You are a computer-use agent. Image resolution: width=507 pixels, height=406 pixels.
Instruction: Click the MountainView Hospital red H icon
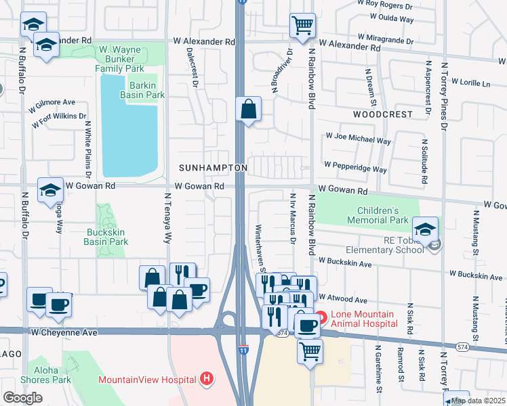(x=207, y=380)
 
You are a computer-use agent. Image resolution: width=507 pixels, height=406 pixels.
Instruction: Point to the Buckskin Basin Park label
(x=106, y=237)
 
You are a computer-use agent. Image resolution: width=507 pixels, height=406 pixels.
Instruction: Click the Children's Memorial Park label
(x=378, y=215)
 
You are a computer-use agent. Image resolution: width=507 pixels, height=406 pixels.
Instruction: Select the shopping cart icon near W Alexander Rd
(x=302, y=26)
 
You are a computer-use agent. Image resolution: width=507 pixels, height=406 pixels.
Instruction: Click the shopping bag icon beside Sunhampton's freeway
(x=249, y=108)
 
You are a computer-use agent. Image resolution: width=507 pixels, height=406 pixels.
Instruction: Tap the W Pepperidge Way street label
(x=355, y=164)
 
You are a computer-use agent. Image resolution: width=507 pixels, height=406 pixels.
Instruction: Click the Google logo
(x=22, y=398)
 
